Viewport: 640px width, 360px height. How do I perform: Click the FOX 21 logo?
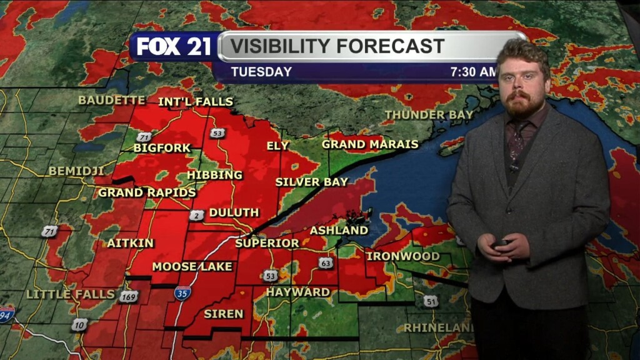174,47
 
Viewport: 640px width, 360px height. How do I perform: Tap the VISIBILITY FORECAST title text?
336,46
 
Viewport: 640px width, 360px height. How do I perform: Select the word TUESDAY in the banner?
261,72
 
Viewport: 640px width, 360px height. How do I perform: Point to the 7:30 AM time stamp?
473,72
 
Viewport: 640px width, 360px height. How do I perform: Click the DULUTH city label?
234,212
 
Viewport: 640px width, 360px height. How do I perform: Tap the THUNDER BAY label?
428,115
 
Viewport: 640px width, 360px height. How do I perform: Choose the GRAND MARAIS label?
370,144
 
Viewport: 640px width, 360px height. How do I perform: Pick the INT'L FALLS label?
196,102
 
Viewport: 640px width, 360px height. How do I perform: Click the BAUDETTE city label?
111,100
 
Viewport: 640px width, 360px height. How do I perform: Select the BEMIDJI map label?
76,171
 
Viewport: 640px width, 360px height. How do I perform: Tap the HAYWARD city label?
298,292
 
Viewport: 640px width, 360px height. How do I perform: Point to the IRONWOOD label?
402,256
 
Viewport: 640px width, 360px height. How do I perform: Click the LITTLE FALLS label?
71,294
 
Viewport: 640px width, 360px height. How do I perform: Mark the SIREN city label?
223,314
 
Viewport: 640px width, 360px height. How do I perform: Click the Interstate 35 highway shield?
182,292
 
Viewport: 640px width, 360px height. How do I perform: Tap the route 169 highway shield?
128,296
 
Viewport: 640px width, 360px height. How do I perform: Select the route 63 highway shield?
326,263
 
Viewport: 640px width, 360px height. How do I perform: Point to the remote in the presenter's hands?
500,243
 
